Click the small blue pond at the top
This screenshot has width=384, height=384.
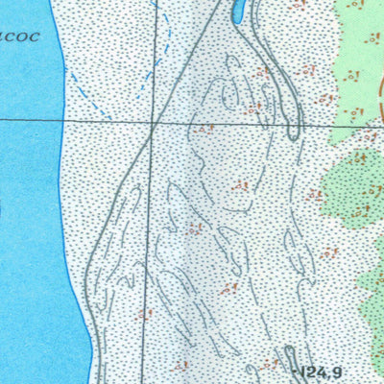238,12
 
